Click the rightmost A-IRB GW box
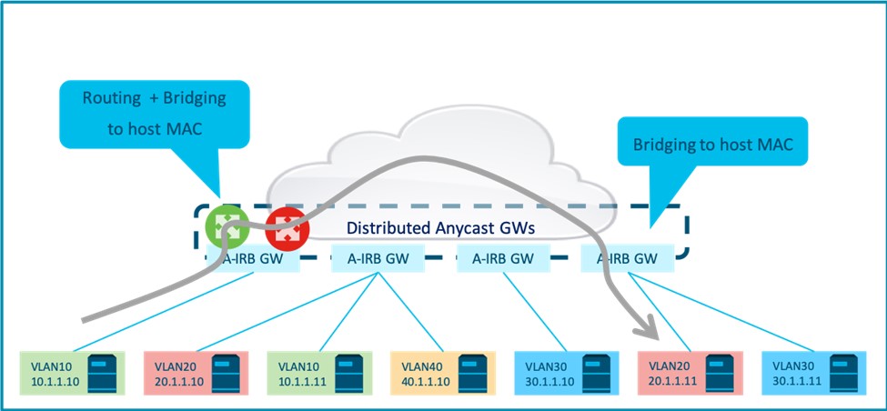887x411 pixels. pyautogui.click(x=628, y=259)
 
